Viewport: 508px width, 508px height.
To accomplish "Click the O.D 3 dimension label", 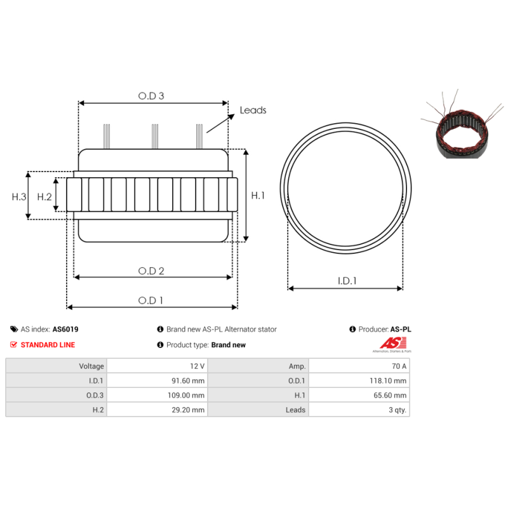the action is pyautogui.click(x=151, y=96).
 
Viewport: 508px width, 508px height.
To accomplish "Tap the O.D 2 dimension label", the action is pyautogui.click(x=151, y=271).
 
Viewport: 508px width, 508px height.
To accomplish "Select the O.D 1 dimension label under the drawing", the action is pyautogui.click(x=150, y=300).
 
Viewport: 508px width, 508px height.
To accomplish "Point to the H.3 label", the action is pyautogui.click(x=19, y=197).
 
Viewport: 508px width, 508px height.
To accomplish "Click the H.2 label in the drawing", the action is pyautogui.click(x=44, y=197).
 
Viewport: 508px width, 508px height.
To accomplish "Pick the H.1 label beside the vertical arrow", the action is pyautogui.click(x=258, y=196).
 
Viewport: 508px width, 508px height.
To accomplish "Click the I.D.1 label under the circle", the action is pyautogui.click(x=347, y=281).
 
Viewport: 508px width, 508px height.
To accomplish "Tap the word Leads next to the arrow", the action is pyautogui.click(x=253, y=110).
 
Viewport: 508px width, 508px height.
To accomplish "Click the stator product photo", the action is pyautogui.click(x=462, y=124).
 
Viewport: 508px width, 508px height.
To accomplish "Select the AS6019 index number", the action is pyautogui.click(x=65, y=329).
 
